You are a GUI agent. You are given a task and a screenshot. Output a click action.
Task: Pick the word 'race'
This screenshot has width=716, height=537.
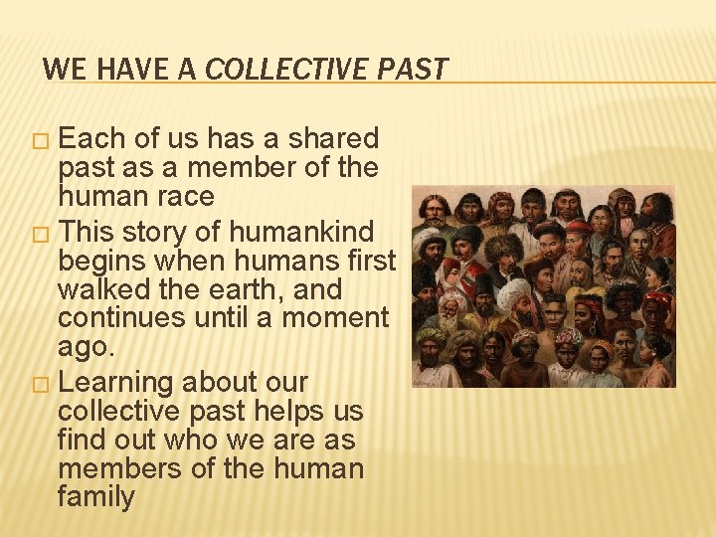point(186,196)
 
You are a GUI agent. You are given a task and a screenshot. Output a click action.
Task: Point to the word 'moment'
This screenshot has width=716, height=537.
point(335,319)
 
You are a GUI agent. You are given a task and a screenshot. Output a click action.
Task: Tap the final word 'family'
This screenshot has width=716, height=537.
point(95,497)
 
